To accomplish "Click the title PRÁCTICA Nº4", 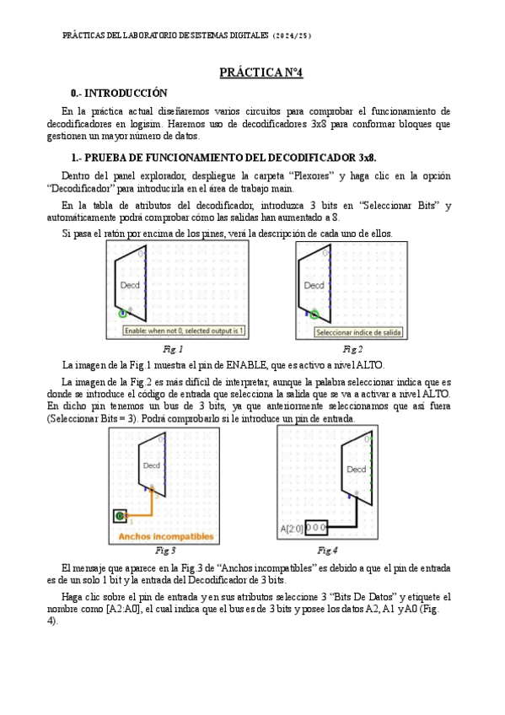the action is point(261,73).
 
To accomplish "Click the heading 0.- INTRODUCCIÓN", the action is point(119,93).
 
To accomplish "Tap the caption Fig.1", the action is point(173,349).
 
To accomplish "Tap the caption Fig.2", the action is point(352,349).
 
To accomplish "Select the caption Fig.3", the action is point(165,551).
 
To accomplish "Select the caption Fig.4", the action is point(327,551).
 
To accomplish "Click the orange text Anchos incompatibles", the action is point(166,536).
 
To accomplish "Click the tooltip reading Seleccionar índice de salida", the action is point(358,332).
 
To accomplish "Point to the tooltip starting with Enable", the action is point(184,331).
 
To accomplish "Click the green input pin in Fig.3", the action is point(120,516).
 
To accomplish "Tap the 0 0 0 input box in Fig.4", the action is point(316,528).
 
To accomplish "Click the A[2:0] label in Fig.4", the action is point(292,529).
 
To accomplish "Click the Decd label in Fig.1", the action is point(130,285).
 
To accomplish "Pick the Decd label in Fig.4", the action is point(357,469).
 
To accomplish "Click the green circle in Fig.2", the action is point(314,314).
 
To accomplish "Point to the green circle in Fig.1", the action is point(122,314).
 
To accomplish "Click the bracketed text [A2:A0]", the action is point(123,610).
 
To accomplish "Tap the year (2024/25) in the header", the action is point(292,36).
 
